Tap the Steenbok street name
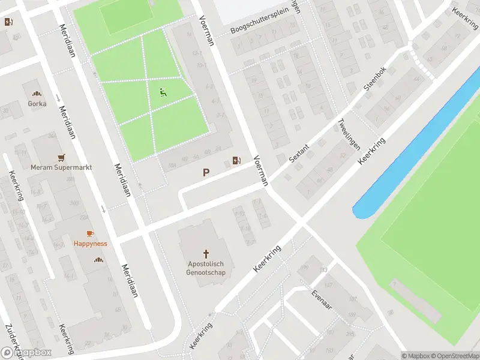[376, 80]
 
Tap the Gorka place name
[37, 103]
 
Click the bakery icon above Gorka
[37, 94]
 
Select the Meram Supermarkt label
[61, 167]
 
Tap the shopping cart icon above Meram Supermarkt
[61, 158]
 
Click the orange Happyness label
[90, 244]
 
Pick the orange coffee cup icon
[90, 233]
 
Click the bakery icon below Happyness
[98, 260]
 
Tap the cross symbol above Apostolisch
[206, 254]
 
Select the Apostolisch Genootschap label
[206, 268]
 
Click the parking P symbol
[206, 172]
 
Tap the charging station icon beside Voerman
[237, 160]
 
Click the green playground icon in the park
[163, 92]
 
